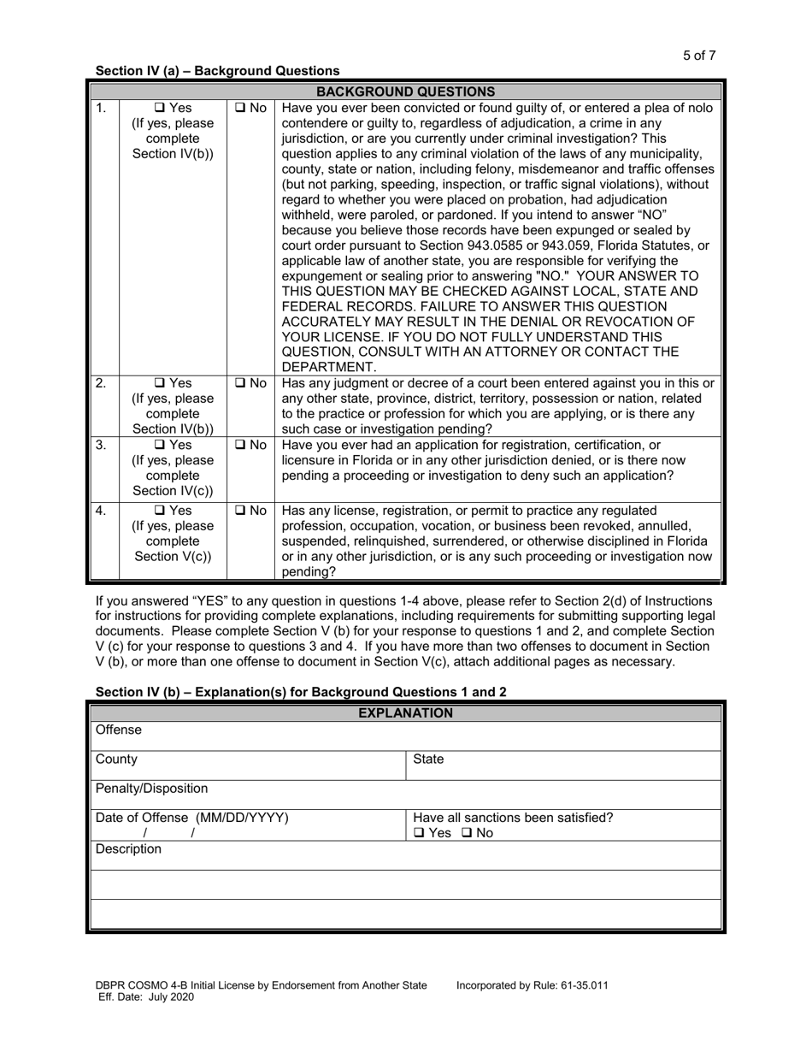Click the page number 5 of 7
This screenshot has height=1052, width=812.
[698, 56]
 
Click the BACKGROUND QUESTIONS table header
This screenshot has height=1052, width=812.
[405, 92]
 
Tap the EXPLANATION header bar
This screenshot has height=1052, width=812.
[405, 712]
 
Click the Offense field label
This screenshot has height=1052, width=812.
[119, 730]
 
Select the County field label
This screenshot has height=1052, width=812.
[116, 759]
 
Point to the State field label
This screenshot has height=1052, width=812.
[428, 759]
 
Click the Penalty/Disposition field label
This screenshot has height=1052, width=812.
[151, 788]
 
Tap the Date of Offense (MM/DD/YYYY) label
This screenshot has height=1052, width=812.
[191, 818]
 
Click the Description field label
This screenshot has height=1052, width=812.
[128, 849]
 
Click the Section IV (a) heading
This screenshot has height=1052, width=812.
[217, 71]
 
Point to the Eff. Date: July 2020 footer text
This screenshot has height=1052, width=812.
[152, 996]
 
